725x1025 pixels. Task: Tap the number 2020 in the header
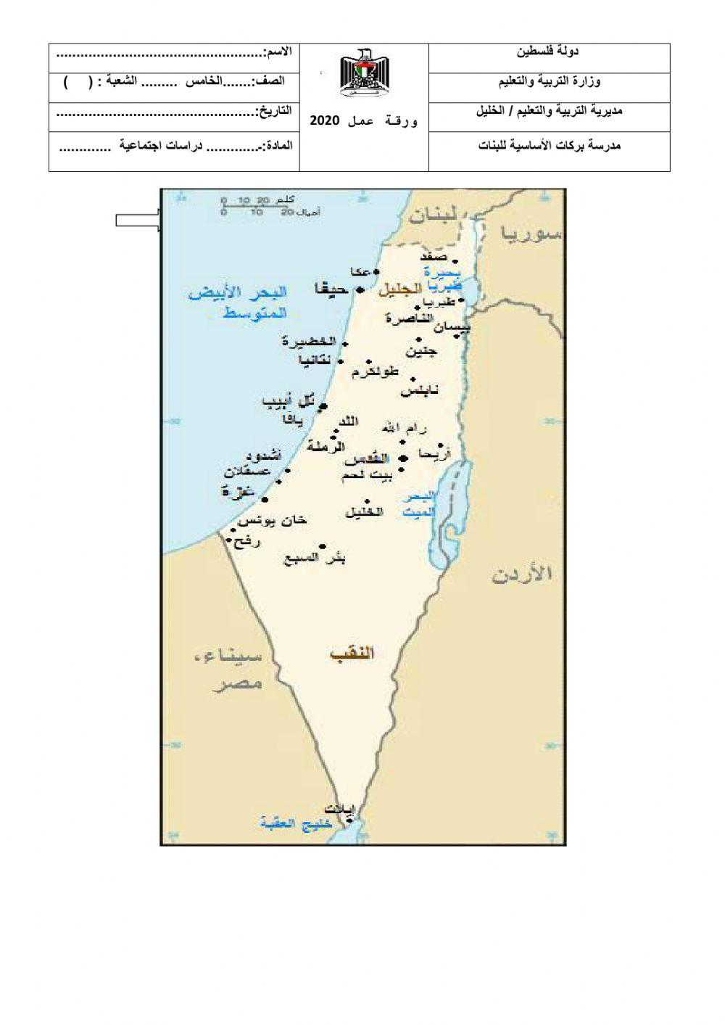click(x=325, y=120)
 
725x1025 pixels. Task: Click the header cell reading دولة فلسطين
click(x=548, y=52)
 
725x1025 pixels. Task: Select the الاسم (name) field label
click(x=279, y=52)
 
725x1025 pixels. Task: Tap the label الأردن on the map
click(x=522, y=575)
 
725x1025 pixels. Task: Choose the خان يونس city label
click(x=273, y=521)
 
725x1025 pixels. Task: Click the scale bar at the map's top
click(x=257, y=206)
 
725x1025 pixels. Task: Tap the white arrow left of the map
click(x=138, y=221)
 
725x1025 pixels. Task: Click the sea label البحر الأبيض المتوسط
click(x=238, y=302)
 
